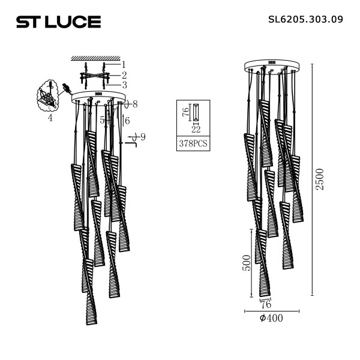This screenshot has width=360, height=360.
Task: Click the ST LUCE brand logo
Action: click(x=58, y=22)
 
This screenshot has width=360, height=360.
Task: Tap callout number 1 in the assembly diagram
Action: click(x=123, y=64)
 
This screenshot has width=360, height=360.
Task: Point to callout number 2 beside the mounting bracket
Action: click(x=124, y=75)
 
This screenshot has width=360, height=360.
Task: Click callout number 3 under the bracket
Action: click(x=124, y=85)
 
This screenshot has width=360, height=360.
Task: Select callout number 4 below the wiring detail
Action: click(x=50, y=118)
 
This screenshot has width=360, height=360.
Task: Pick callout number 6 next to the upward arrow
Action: click(x=127, y=120)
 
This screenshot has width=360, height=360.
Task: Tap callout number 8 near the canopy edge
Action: click(x=135, y=104)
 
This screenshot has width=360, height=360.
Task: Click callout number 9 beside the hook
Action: click(x=142, y=137)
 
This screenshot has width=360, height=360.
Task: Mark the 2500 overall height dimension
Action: click(x=320, y=179)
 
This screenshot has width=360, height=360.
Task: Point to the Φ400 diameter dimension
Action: click(x=271, y=318)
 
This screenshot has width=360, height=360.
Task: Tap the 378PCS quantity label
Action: click(x=193, y=144)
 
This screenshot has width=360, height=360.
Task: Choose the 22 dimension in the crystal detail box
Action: click(x=195, y=129)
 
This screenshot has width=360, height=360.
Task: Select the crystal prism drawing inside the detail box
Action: click(x=196, y=112)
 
